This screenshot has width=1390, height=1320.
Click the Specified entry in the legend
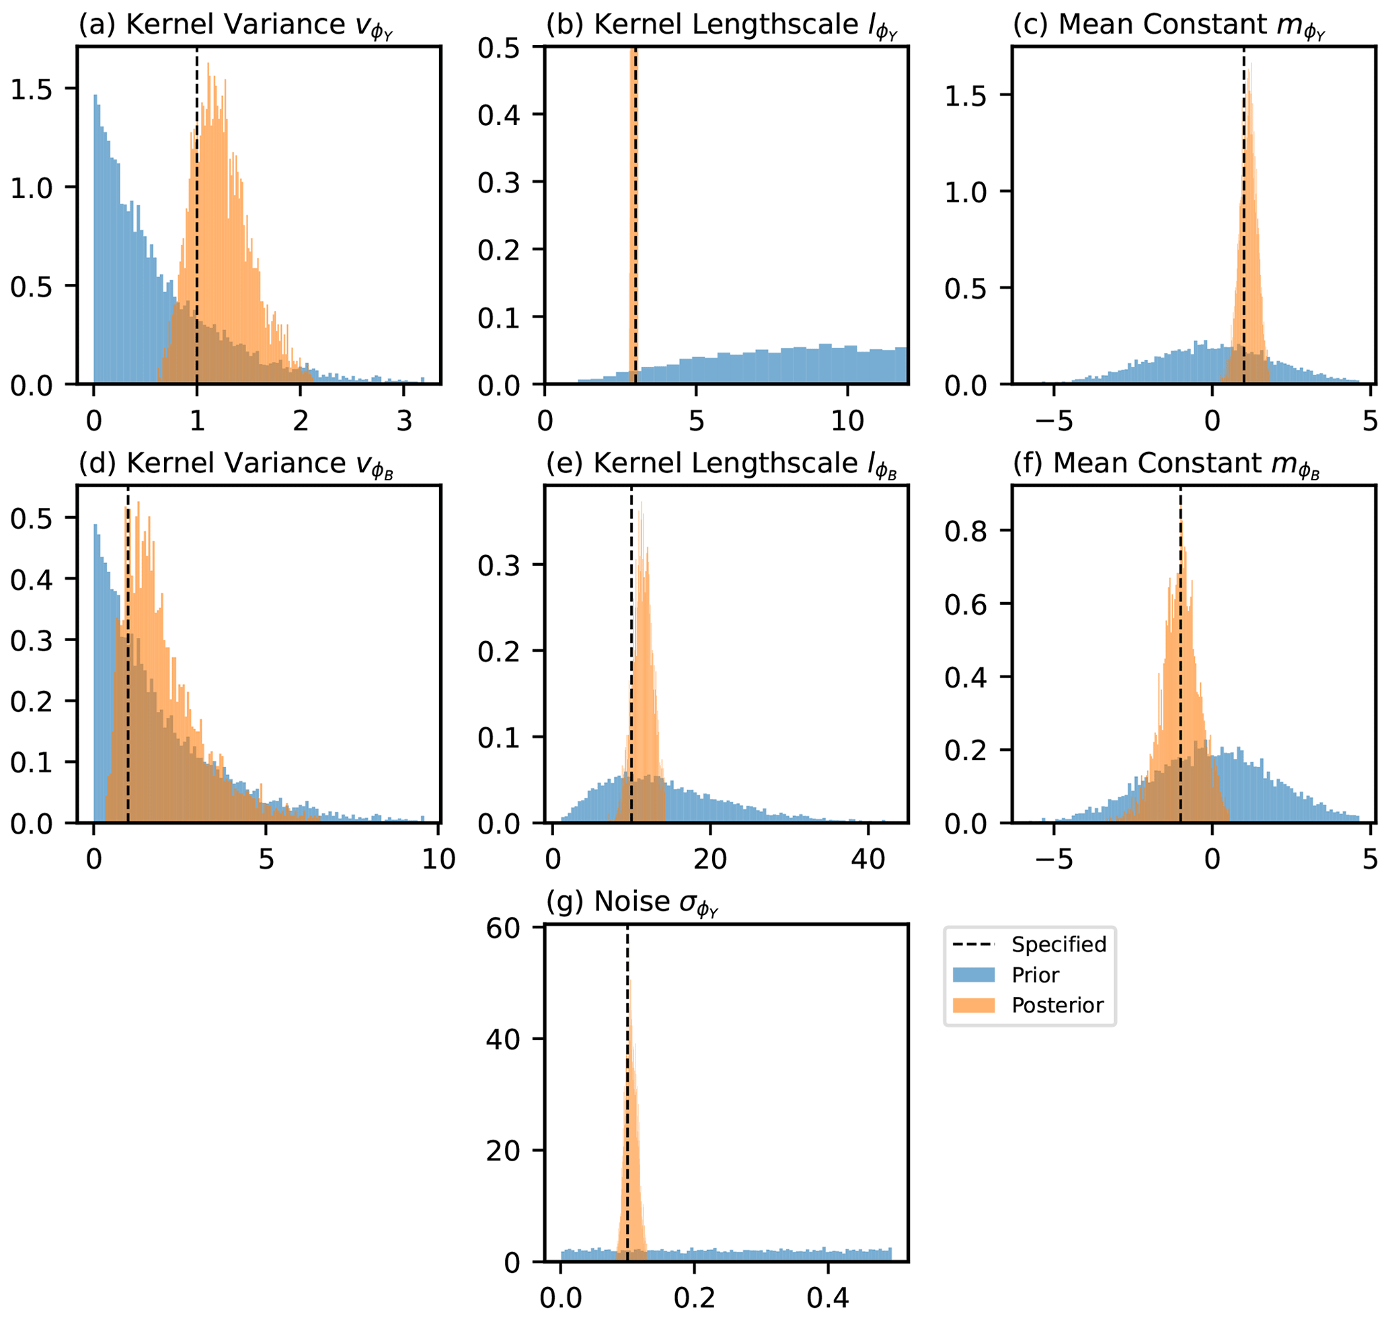[1058, 945]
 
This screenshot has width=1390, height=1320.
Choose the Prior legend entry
[1035, 976]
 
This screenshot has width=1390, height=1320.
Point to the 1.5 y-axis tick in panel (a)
[31, 89]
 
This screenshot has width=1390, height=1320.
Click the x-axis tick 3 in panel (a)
[403, 420]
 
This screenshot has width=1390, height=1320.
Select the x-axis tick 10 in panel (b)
[847, 420]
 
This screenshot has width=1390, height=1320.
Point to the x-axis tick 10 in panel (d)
[438, 859]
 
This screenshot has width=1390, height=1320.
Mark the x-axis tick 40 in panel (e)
[867, 859]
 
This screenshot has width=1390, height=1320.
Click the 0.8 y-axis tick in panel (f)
[965, 531]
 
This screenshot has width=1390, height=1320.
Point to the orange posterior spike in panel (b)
[633, 211]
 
